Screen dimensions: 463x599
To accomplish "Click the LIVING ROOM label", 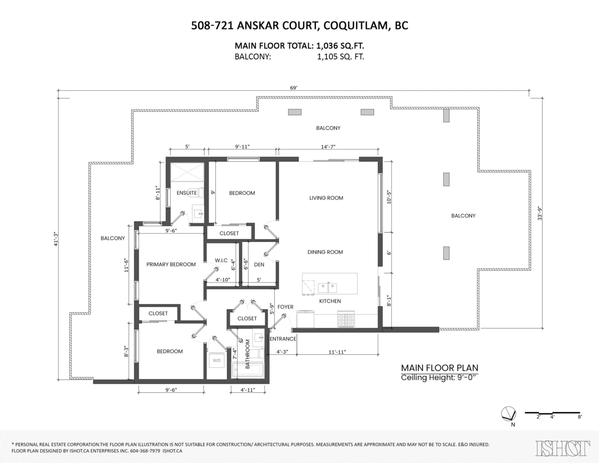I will click(326, 198).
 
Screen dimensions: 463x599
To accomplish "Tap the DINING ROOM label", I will click(325, 252).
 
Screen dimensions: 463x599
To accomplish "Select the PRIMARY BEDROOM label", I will click(171, 264).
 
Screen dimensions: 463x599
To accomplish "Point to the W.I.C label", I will click(221, 260).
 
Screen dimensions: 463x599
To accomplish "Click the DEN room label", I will click(259, 264).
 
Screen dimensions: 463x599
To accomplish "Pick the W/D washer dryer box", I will click(217, 359).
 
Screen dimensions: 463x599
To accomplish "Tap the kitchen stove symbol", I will click(346, 319).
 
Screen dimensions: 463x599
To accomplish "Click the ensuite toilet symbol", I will click(200, 192).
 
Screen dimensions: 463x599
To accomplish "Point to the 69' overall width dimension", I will click(294, 88).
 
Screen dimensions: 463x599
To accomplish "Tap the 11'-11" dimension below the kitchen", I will click(337, 352).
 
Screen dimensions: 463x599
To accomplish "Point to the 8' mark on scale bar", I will click(579, 417).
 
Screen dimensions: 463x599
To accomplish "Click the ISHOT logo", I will click(562, 448).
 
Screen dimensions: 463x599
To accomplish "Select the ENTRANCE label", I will click(283, 339).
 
